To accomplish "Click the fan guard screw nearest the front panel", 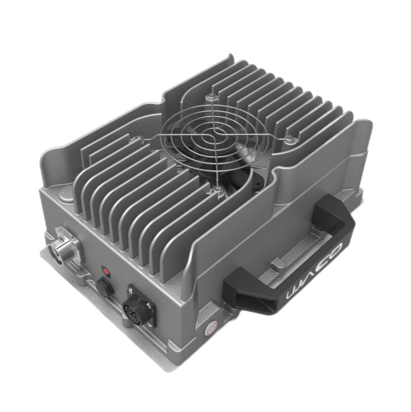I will pos(218,189).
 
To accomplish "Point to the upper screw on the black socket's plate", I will pos(131,290).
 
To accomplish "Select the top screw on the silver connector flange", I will pos(60,228).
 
